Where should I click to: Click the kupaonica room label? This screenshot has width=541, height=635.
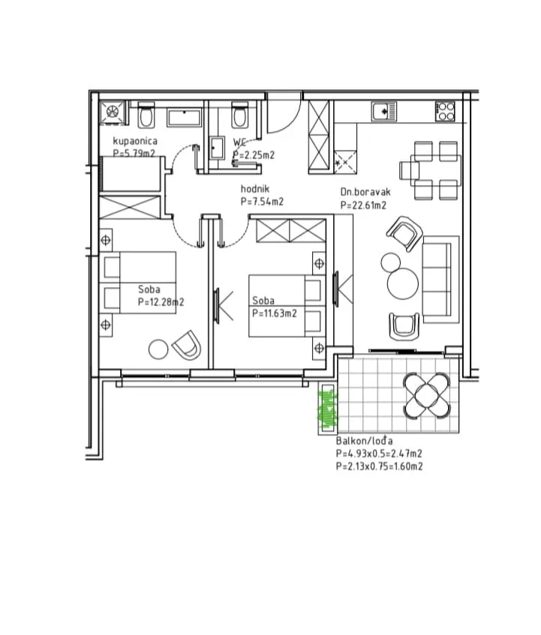coord(135,141)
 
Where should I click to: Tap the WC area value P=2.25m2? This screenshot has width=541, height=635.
coord(254,154)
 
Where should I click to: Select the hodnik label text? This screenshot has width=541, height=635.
coord(255,189)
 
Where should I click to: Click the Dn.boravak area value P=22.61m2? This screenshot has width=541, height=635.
coord(363,205)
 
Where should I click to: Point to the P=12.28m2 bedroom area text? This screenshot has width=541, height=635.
coord(161,302)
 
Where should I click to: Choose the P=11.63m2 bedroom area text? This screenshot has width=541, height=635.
coord(275,313)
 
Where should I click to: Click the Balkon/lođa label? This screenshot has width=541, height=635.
coord(365,441)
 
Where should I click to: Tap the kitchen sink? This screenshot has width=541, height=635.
coord(383,112)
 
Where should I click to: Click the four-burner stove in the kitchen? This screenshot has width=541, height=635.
coord(445,112)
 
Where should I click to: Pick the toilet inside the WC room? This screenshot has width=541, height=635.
coord(240,114)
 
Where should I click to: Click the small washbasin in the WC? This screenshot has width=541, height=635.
coord(217,148)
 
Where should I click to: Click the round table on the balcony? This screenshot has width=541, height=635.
coord(426,395)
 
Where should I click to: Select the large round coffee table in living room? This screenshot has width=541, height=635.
coord(402,284)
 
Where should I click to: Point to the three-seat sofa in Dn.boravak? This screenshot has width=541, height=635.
coord(440,280)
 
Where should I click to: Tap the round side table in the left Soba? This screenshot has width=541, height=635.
coord(158,349)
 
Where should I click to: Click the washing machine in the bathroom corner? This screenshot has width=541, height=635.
coord(112,112)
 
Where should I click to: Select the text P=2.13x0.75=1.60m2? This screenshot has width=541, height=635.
coord(380,466)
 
